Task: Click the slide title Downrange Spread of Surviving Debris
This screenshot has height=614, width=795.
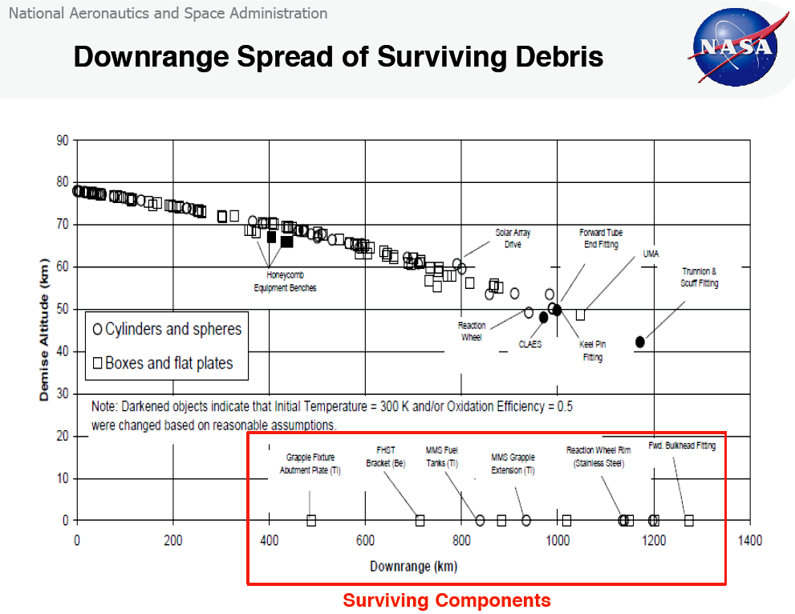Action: click(338, 57)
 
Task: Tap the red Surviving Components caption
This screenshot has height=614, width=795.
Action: click(447, 600)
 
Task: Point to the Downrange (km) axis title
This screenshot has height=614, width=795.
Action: click(413, 567)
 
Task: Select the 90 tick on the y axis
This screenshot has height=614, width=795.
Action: click(62, 140)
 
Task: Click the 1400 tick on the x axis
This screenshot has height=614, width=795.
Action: click(750, 541)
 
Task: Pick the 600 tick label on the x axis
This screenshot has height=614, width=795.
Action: click(365, 541)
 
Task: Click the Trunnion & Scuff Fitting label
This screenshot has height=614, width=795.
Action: click(700, 278)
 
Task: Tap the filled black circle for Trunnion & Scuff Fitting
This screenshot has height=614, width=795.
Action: click(640, 342)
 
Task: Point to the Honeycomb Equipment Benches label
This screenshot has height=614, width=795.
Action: click(285, 282)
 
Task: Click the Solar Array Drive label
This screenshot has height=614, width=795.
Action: click(513, 238)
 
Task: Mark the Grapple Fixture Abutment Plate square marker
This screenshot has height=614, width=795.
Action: click(311, 520)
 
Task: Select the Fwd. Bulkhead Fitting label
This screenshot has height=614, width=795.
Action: click(682, 445)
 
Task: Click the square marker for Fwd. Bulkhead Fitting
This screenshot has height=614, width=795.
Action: click(688, 520)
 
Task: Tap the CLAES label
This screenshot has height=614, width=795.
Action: click(529, 344)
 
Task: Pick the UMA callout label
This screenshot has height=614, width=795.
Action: click(651, 254)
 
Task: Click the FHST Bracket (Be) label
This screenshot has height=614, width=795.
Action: click(386, 457)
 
